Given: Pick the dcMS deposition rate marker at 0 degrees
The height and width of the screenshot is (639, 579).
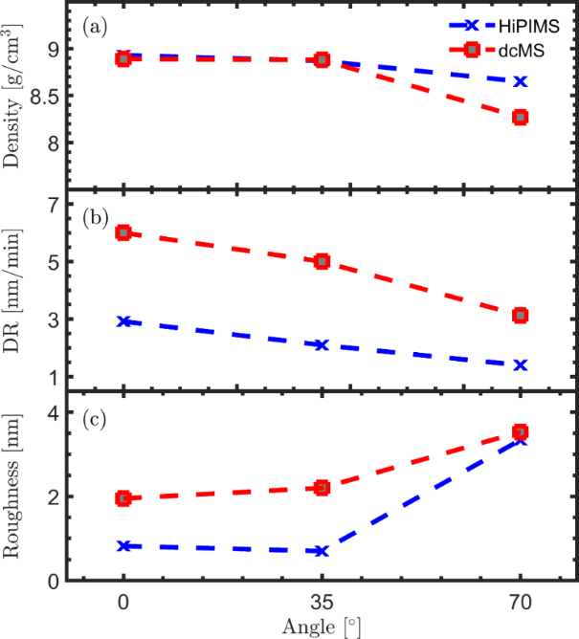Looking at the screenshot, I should (122, 232).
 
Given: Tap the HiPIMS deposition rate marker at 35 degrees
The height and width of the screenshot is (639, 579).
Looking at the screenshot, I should (322, 344).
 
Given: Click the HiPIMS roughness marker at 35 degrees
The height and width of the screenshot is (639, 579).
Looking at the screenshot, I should (322, 551).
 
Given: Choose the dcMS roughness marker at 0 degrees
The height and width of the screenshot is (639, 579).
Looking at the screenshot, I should (122, 497).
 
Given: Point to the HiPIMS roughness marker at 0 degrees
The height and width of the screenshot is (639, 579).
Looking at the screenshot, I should (122, 545).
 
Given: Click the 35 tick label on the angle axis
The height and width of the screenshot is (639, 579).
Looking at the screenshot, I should (322, 604).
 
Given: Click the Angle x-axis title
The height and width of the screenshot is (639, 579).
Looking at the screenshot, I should (321, 628).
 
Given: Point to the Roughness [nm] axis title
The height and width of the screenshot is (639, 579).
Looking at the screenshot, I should (16, 488).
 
